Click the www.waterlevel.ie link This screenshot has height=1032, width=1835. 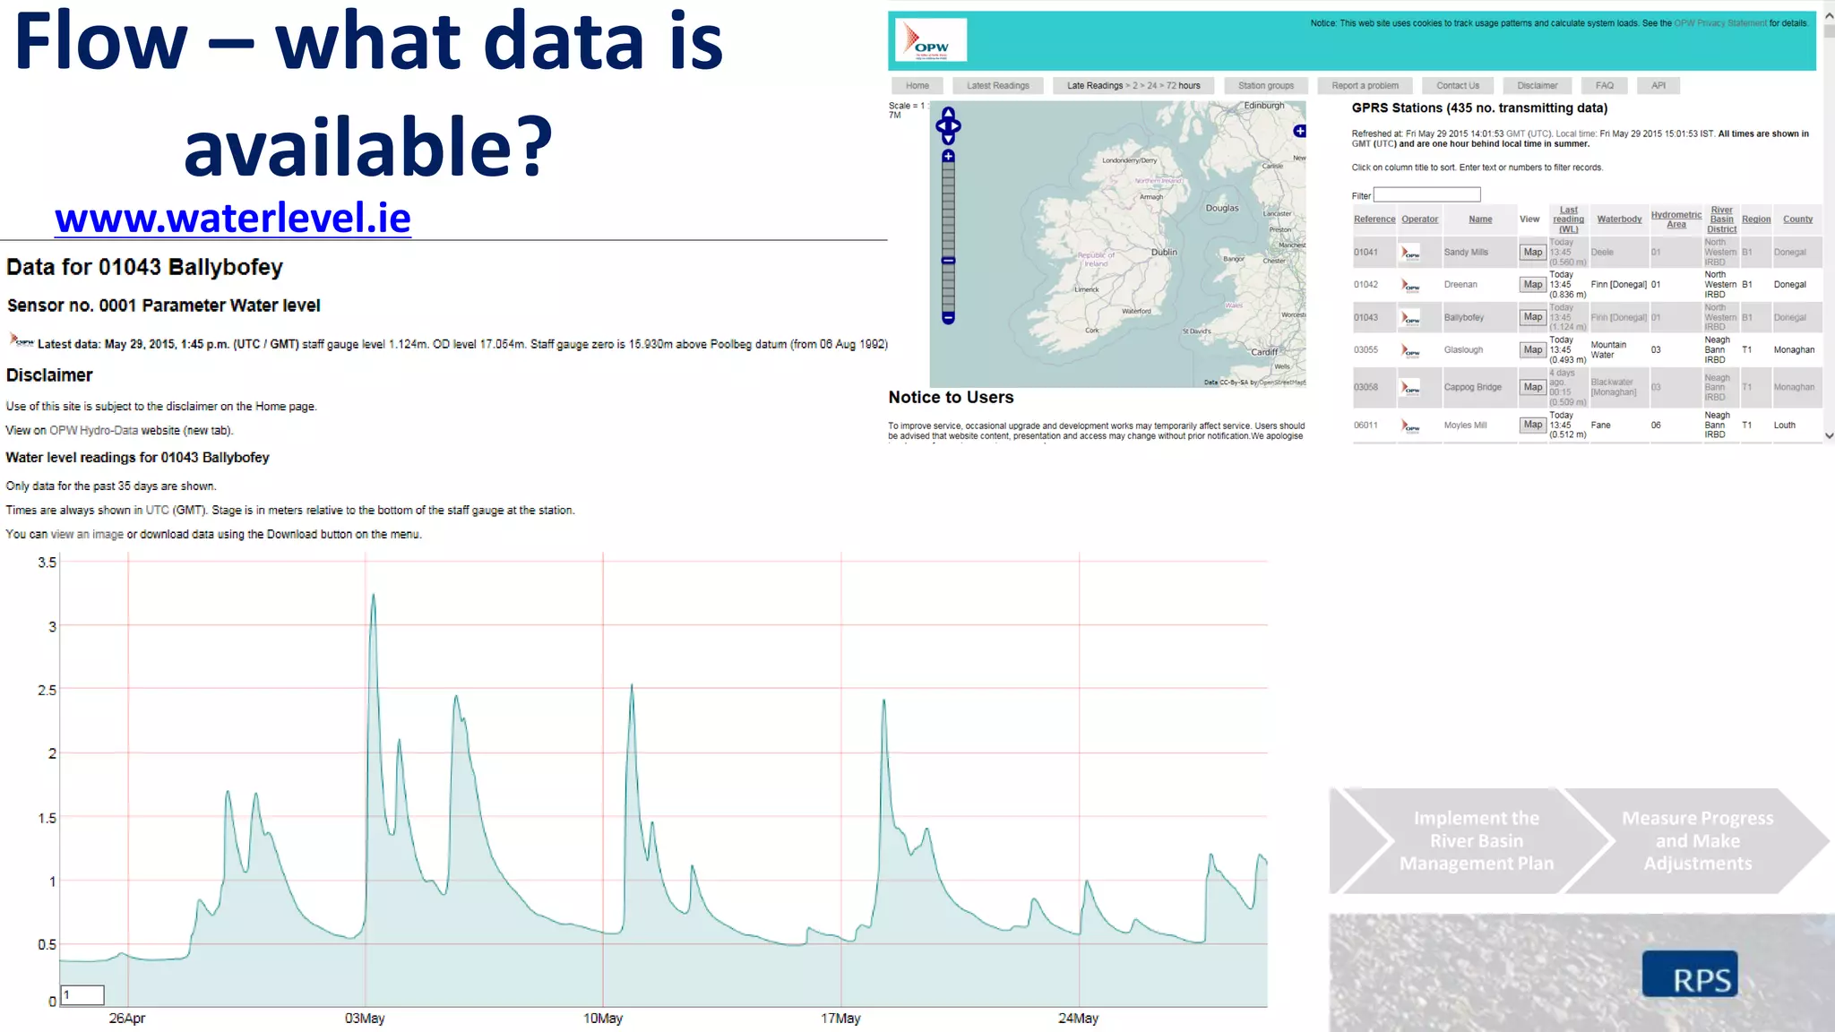(233, 218)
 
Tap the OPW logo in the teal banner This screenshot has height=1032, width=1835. (931, 41)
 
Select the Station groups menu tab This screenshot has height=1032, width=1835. (1265, 86)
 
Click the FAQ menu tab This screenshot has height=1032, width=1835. (1604, 86)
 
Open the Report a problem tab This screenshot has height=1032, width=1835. (1365, 86)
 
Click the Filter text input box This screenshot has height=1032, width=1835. (1426, 194)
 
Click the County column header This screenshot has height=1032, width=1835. (1797, 219)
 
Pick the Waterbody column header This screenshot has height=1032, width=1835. (1619, 219)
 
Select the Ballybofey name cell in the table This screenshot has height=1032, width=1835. (1464, 317)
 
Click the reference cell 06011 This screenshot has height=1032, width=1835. (1365, 426)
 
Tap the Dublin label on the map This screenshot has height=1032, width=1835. (1164, 253)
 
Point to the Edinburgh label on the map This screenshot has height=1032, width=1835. (1263, 106)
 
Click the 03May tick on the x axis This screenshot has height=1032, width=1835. (365, 1019)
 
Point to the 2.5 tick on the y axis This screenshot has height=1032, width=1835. (47, 691)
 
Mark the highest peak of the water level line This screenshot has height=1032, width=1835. (374, 594)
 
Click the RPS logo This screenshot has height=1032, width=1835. (1690, 975)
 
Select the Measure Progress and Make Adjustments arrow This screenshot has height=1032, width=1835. (1697, 841)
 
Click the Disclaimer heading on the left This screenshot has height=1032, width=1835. (49, 375)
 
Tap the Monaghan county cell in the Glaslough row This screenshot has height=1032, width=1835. (1794, 350)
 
